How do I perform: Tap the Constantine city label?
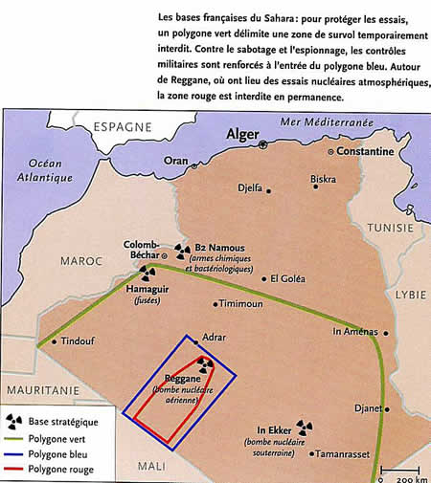(365, 152)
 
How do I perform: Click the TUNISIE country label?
(393, 228)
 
